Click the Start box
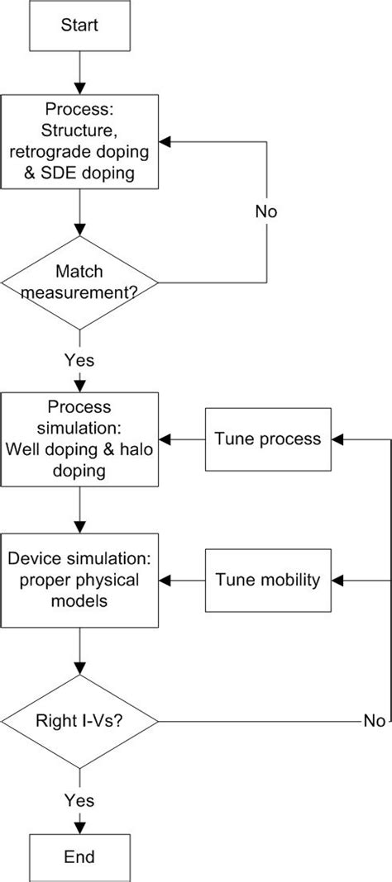coord(79,25)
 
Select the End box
coord(79,856)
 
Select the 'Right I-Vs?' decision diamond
coord(79,720)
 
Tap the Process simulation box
coord(79,439)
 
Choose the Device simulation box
coord(79,580)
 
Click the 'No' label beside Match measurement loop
coord(265,211)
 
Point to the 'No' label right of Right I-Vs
coord(374,721)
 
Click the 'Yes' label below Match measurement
coord(79,360)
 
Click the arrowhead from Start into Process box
coord(79,88)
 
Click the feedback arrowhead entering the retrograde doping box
coord(165,142)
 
